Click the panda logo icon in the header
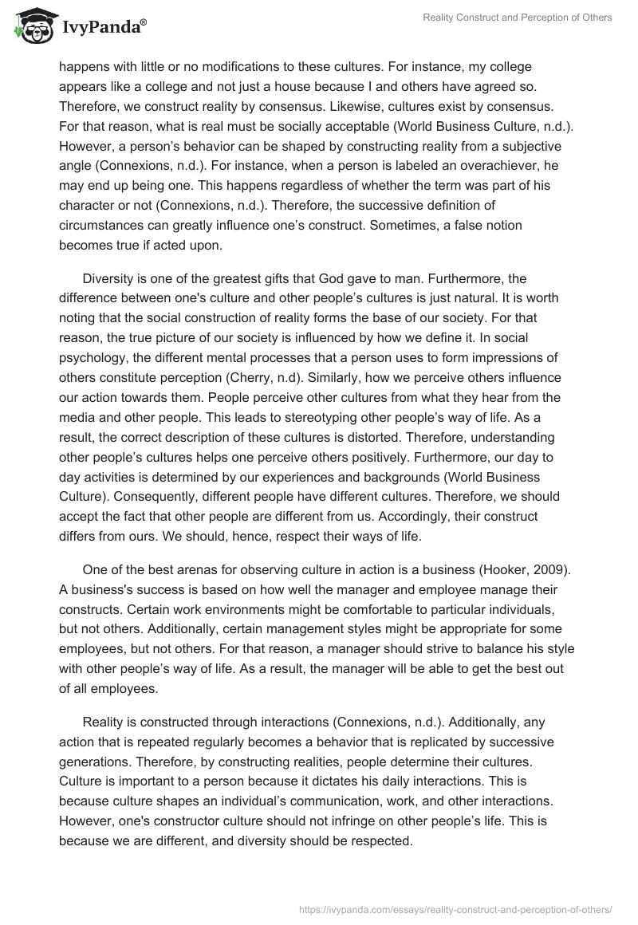[x=30, y=26]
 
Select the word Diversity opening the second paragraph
[x=109, y=279]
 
